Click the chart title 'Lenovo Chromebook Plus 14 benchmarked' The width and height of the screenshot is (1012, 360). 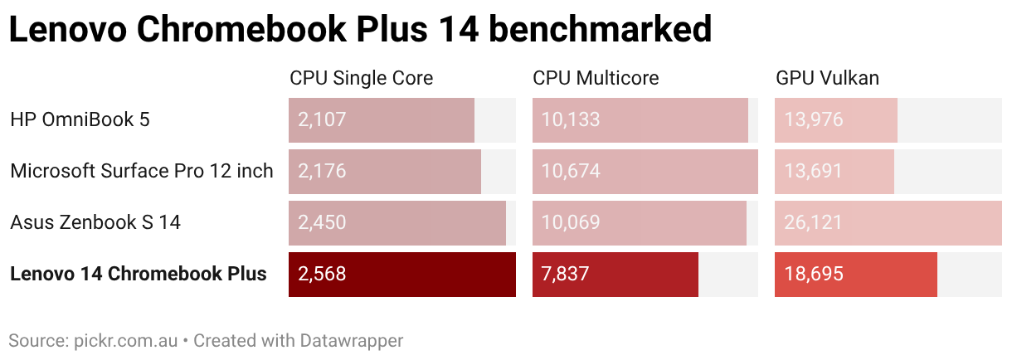coord(360,30)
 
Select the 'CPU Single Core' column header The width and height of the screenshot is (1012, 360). coord(361,78)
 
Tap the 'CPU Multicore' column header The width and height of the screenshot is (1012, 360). coord(596,78)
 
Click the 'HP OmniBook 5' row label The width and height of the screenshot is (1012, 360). coord(80,119)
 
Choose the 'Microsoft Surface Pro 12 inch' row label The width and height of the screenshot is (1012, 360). coord(141,171)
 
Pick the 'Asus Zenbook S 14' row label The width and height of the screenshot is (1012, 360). coord(95,222)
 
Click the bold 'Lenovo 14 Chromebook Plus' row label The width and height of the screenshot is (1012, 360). coord(139,274)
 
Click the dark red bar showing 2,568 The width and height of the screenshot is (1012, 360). coord(401,274)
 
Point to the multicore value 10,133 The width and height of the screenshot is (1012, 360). coord(571,119)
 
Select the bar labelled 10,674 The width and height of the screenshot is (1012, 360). coord(645,171)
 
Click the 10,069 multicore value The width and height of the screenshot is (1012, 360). coord(571,222)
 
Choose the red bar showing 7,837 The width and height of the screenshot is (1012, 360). coord(615,274)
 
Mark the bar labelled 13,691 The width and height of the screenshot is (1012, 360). coord(834,171)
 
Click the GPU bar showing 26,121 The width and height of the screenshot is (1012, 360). coord(888,222)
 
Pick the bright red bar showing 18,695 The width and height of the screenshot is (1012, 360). coord(855,274)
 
